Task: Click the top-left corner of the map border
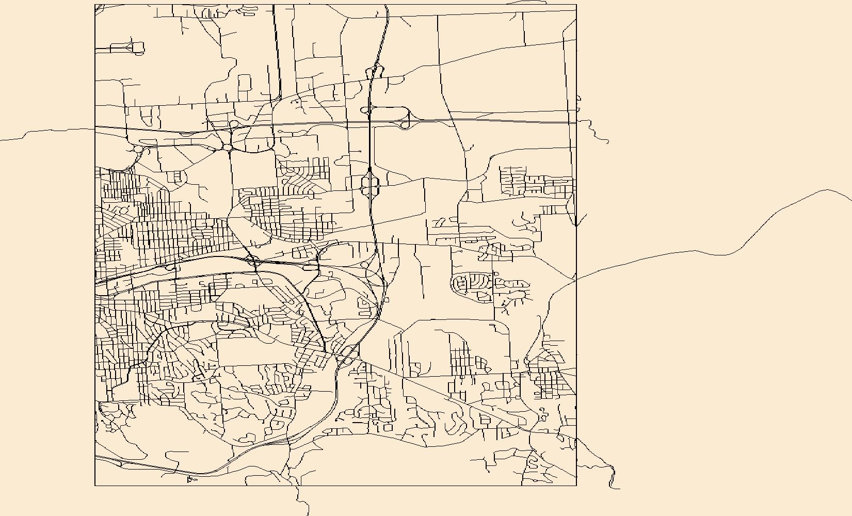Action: tap(95, 5)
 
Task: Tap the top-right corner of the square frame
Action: tap(576, 5)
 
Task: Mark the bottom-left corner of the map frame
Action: tap(95, 486)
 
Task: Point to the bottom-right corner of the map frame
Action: tap(576, 486)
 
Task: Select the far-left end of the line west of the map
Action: tap(1, 140)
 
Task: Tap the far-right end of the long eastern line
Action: tap(851, 200)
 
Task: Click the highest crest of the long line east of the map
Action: tap(828, 190)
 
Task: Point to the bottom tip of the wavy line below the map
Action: tap(308, 515)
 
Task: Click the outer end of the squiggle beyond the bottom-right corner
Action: tap(619, 488)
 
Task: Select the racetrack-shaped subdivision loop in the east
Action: tap(473, 285)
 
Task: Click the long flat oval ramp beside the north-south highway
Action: tap(386, 109)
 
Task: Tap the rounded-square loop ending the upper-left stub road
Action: tap(138, 49)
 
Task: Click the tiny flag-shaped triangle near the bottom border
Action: tap(192, 480)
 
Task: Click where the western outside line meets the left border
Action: tap(95, 128)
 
